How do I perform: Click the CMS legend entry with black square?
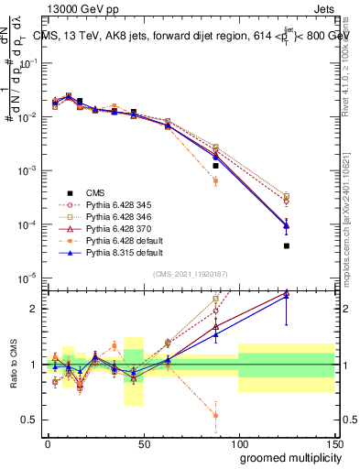tap(95, 193)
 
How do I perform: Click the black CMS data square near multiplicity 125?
tap(287, 245)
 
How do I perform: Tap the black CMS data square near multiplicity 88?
tap(215, 166)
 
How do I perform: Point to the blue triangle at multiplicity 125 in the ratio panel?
tap(287, 296)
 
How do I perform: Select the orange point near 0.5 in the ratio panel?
tap(215, 415)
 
